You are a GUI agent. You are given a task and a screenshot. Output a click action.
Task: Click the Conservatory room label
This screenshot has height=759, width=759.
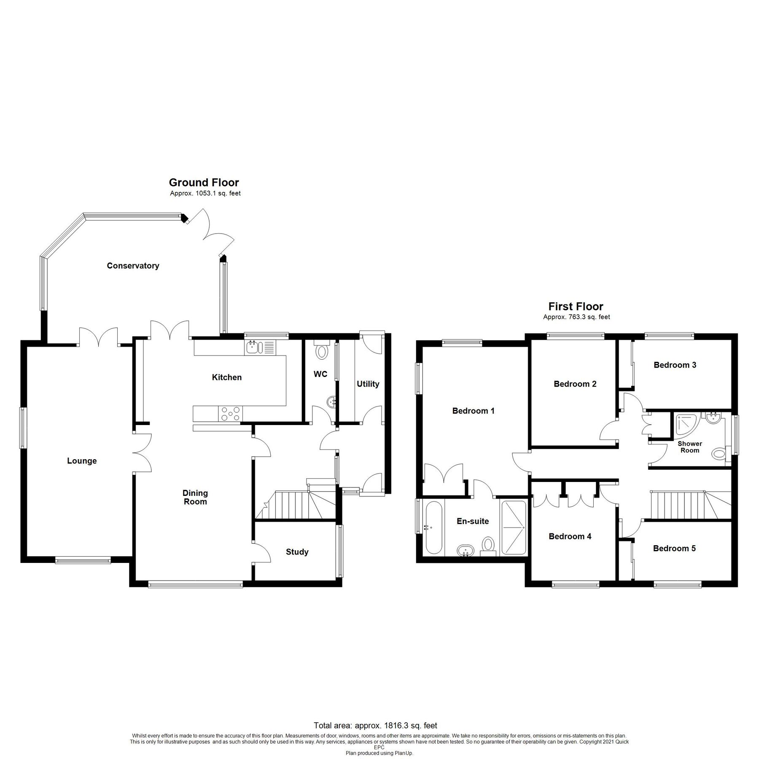click(133, 266)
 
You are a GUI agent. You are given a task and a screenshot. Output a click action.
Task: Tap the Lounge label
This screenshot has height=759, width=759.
click(82, 461)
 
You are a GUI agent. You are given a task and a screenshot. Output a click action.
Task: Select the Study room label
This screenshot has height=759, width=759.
click(297, 552)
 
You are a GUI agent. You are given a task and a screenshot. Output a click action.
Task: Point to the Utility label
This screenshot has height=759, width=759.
click(368, 384)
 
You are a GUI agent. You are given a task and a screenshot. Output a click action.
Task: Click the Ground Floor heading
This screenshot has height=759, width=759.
click(204, 183)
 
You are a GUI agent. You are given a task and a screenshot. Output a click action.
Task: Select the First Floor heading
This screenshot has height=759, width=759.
click(576, 306)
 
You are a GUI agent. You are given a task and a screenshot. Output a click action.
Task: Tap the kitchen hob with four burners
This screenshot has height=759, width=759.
click(230, 413)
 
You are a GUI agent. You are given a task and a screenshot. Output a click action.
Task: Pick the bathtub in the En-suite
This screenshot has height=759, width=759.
click(434, 528)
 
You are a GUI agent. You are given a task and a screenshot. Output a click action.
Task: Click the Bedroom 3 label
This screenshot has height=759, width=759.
click(675, 365)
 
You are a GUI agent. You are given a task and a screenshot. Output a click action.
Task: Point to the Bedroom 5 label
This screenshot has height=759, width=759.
click(674, 549)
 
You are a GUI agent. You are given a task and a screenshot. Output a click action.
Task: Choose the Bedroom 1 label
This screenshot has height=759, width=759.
click(473, 411)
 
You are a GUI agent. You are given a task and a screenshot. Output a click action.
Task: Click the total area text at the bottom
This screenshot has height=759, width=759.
click(375, 726)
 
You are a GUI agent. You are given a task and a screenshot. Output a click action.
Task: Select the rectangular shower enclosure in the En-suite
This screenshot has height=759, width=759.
click(514, 528)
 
